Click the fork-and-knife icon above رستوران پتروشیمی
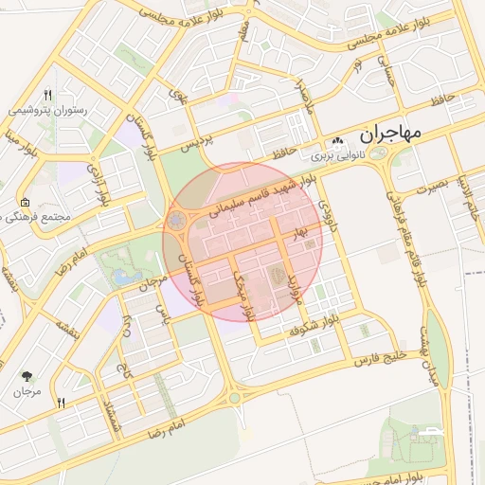point(47,95)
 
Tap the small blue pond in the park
point(123,278)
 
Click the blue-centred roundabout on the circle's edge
point(176,222)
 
